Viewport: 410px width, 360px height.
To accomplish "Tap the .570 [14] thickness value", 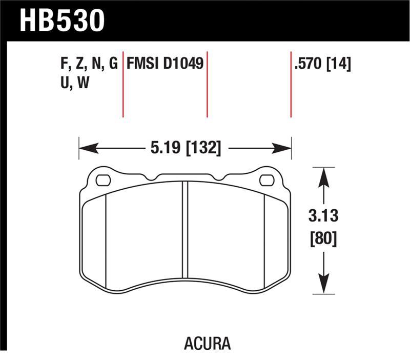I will pos(322,64).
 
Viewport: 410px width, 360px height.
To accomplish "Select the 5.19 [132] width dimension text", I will pos(186,149).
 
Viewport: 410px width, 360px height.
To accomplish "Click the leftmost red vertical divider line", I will pos(123,84).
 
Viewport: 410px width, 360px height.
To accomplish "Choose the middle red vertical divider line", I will pos(207,84).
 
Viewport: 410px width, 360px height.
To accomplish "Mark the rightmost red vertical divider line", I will pos(291,84).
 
